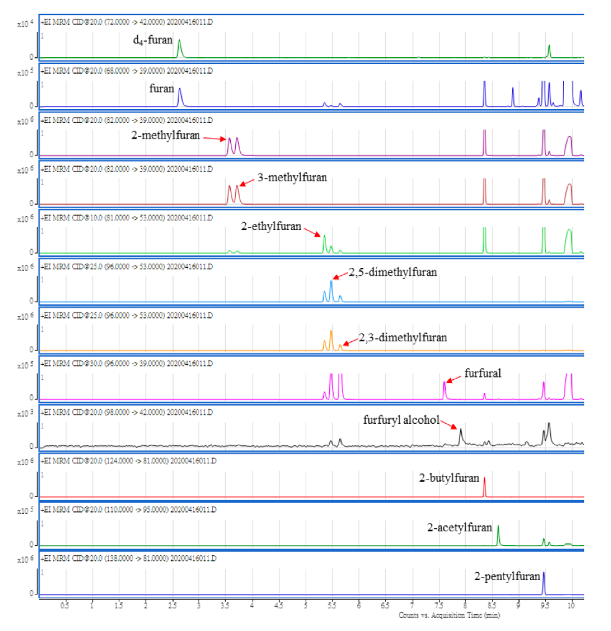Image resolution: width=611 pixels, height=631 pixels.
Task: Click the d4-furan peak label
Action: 153,40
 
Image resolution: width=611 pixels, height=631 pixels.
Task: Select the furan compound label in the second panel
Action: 161,88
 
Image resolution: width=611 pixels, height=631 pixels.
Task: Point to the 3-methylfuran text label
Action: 292,177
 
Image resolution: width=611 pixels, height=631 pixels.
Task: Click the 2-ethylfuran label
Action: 271,226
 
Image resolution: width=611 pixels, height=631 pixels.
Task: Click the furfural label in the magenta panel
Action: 482,373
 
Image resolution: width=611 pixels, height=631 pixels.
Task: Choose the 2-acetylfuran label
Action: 459,528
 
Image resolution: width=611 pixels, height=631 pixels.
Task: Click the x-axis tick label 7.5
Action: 439,606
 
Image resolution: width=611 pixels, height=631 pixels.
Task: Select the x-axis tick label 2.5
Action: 172,606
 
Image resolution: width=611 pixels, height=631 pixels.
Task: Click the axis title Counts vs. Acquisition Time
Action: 449,615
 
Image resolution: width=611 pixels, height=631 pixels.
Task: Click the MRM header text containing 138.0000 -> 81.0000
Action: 128,559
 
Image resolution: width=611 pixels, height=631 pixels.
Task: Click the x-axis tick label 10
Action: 571,606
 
